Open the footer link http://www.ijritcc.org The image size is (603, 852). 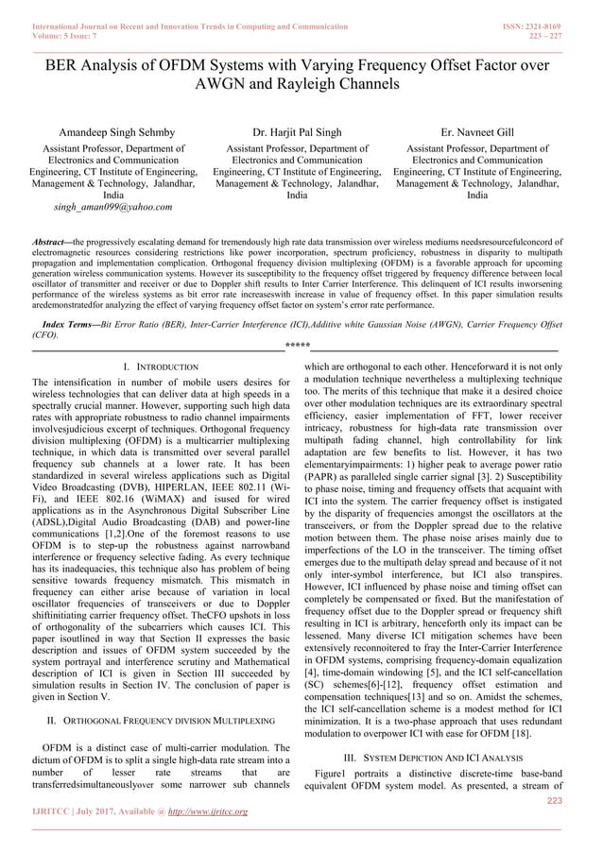click(x=204, y=811)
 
